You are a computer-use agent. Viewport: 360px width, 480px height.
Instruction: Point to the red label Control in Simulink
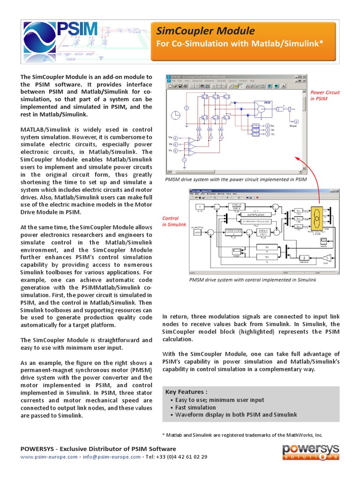pos(174,221)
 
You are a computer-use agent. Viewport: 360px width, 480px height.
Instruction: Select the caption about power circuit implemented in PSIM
pos(236,179)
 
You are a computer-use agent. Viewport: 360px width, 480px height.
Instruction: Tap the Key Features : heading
pos(186,392)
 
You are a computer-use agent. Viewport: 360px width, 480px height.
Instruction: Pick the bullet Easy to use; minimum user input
pos(219,400)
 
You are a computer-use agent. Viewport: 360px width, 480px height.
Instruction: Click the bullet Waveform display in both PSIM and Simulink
pos(236,415)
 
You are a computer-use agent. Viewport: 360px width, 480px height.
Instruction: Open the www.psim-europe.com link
pos(49,457)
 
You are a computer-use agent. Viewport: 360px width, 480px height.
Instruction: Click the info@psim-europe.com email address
pos(111,457)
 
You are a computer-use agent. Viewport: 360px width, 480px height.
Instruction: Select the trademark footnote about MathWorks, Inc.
pos(242,435)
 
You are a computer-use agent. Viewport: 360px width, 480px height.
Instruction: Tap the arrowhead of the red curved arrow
pos(297,158)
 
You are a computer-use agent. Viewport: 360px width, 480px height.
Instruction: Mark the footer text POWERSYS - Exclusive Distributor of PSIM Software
pos(98,449)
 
